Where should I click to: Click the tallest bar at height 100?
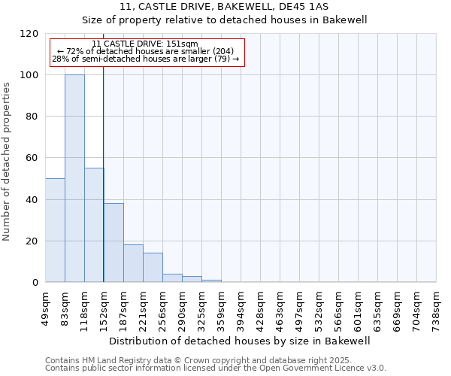coord(74,179)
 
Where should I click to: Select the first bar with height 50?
coord(55,230)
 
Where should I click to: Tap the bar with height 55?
coord(94,225)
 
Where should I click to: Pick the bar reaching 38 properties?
coord(114,243)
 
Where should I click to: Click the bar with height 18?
coord(133,263)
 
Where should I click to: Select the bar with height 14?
coord(153,268)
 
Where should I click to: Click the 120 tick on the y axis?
coord(29,34)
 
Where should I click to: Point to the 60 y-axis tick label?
coord(32,158)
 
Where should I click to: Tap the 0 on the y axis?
coord(35,283)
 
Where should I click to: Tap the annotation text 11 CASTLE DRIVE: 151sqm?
coord(144,44)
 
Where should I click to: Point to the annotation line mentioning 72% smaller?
coord(145,51)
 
